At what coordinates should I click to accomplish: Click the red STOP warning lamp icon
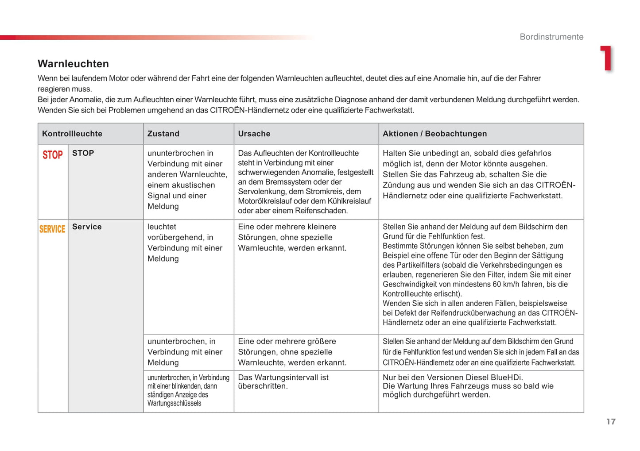pyautogui.click(x=53, y=155)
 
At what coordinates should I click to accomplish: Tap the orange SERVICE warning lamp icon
pyautogui.click(x=52, y=229)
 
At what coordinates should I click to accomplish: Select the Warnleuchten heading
pyautogui.click(x=73, y=64)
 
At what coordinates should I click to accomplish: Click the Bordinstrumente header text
pyautogui.click(x=551, y=37)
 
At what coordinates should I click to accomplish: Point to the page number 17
pyautogui.click(x=611, y=421)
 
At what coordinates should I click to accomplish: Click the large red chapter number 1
pyautogui.click(x=606, y=58)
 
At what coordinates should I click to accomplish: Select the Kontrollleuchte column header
pyautogui.click(x=72, y=134)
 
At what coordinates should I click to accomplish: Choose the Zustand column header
pyautogui.click(x=163, y=134)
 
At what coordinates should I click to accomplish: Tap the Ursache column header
pyautogui.click(x=254, y=134)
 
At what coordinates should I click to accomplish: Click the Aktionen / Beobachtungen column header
pyautogui.click(x=434, y=134)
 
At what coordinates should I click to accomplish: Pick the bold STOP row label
pyautogui.click(x=83, y=153)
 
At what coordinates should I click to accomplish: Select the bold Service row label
pyautogui.click(x=87, y=227)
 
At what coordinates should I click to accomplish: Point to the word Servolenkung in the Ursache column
pyautogui.click(x=259, y=191)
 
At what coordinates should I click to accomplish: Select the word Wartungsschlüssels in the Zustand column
pyautogui.click(x=174, y=403)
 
